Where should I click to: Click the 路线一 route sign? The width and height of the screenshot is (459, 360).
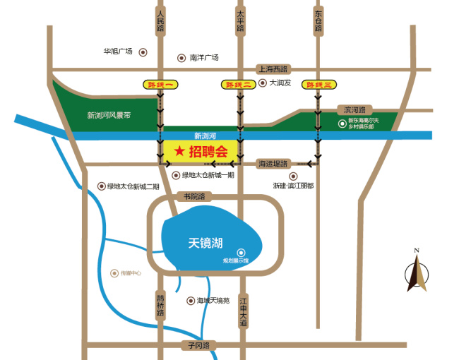click(x=160, y=85)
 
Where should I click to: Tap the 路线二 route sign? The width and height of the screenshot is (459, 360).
click(x=239, y=85)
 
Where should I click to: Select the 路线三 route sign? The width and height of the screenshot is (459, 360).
click(x=318, y=85)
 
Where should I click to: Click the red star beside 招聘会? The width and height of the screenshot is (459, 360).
click(x=179, y=151)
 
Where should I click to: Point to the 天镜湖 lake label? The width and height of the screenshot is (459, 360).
click(x=205, y=243)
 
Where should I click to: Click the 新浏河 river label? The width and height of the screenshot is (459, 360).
click(x=205, y=135)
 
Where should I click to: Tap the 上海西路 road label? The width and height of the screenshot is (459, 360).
click(x=273, y=69)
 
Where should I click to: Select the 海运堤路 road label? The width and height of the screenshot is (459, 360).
click(x=273, y=163)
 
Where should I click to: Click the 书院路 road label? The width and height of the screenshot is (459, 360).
click(x=193, y=197)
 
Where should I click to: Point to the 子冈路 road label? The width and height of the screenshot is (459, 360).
click(x=200, y=345)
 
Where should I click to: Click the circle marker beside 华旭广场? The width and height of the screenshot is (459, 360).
click(x=143, y=52)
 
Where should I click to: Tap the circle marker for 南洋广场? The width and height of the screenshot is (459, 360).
click(x=181, y=58)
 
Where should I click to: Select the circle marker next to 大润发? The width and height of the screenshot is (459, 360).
click(x=262, y=83)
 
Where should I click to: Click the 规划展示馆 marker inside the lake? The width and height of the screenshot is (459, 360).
click(x=241, y=252)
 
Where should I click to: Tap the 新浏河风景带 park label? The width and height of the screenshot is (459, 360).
click(x=109, y=115)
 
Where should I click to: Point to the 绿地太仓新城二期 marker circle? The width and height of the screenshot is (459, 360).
click(x=100, y=186)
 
